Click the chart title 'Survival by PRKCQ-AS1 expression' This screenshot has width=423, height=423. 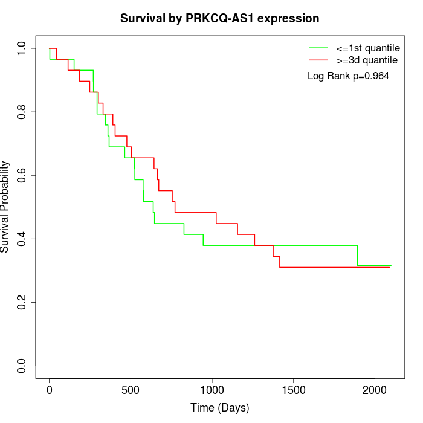click(219, 18)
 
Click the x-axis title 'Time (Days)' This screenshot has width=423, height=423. click(219, 408)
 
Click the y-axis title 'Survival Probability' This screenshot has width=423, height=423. click(5, 207)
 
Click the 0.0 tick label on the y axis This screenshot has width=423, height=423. click(22, 366)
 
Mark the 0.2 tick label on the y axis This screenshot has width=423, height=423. click(22, 302)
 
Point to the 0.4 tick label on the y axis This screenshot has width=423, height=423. click(22, 239)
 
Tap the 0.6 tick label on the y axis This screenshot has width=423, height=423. click(22, 175)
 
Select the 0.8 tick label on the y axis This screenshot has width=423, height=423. click(22, 112)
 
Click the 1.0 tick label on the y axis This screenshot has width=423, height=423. click(22, 48)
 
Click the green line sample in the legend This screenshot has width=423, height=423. click(318, 47)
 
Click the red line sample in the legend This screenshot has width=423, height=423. click(318, 60)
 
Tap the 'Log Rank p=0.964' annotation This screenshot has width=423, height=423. click(348, 76)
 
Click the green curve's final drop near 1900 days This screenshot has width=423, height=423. click(357, 256)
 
